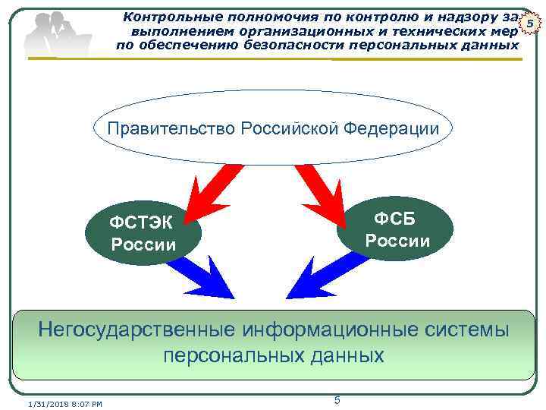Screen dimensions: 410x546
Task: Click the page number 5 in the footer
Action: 337,399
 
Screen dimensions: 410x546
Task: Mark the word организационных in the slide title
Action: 279,30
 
